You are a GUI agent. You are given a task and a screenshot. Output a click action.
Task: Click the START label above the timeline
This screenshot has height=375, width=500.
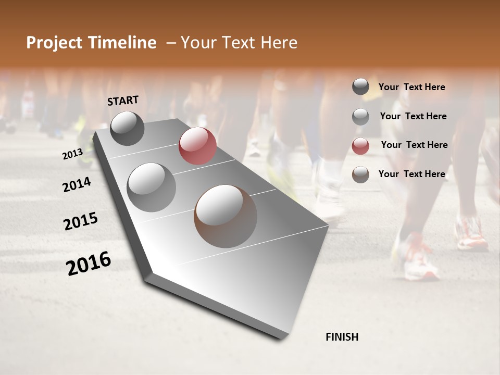(123, 100)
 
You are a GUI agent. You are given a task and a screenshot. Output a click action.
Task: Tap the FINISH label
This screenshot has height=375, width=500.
(342, 337)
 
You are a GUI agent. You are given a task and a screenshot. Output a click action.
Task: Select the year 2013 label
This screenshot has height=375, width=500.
(72, 154)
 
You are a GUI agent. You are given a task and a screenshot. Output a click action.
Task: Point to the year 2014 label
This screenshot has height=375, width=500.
(77, 185)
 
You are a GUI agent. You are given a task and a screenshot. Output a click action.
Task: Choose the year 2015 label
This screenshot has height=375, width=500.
(81, 221)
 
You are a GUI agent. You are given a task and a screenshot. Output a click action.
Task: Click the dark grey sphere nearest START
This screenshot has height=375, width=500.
(127, 128)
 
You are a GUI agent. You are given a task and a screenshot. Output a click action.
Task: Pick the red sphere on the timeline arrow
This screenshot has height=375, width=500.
(197, 146)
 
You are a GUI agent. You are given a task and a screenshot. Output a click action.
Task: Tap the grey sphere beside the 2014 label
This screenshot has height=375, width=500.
(152, 187)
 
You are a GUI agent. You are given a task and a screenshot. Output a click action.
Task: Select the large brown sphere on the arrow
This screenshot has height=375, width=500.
(226, 216)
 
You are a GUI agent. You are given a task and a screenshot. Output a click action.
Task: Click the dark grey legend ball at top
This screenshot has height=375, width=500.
(360, 87)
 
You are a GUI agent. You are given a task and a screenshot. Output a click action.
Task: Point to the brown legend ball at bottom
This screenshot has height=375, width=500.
(360, 174)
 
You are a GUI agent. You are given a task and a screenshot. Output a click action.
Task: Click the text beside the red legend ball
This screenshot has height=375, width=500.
(414, 145)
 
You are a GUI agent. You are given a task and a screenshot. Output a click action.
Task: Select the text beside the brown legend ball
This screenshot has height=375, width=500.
(411, 174)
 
